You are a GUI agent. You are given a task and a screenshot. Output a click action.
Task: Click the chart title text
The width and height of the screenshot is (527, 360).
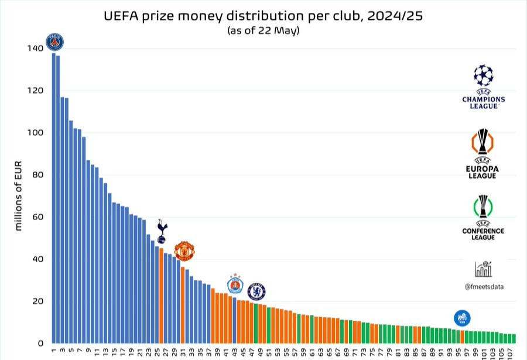(263, 16)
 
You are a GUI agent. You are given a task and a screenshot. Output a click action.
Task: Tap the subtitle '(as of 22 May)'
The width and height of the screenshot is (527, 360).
(263, 30)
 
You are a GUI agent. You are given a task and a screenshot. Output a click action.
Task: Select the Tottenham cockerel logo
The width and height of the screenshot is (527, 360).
(162, 231)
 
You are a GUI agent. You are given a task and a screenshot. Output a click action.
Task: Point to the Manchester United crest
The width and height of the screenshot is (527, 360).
(184, 251)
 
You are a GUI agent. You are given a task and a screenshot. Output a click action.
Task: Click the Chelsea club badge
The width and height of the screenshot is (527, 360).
(256, 291)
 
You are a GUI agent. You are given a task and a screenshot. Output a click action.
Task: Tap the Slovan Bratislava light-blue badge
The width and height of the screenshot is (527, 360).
(235, 284)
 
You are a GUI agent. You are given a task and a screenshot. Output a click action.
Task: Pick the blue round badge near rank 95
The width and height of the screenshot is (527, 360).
(462, 318)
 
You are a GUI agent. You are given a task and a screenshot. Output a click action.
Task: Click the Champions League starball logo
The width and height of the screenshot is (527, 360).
(483, 76)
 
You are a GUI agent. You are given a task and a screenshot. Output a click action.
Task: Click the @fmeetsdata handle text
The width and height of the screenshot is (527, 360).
(484, 287)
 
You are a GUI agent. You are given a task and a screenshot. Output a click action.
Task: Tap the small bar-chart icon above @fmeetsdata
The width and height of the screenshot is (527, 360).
(484, 269)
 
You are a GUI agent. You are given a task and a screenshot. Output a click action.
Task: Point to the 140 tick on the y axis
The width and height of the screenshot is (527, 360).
(35, 49)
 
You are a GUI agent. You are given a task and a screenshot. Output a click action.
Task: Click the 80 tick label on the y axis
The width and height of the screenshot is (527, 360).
(37, 175)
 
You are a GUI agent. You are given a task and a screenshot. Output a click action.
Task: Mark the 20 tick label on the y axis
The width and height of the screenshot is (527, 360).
(37, 301)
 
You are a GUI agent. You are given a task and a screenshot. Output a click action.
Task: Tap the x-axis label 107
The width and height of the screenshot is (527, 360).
(510, 352)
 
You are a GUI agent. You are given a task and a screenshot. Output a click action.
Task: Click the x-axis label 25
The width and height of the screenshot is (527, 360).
(157, 351)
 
